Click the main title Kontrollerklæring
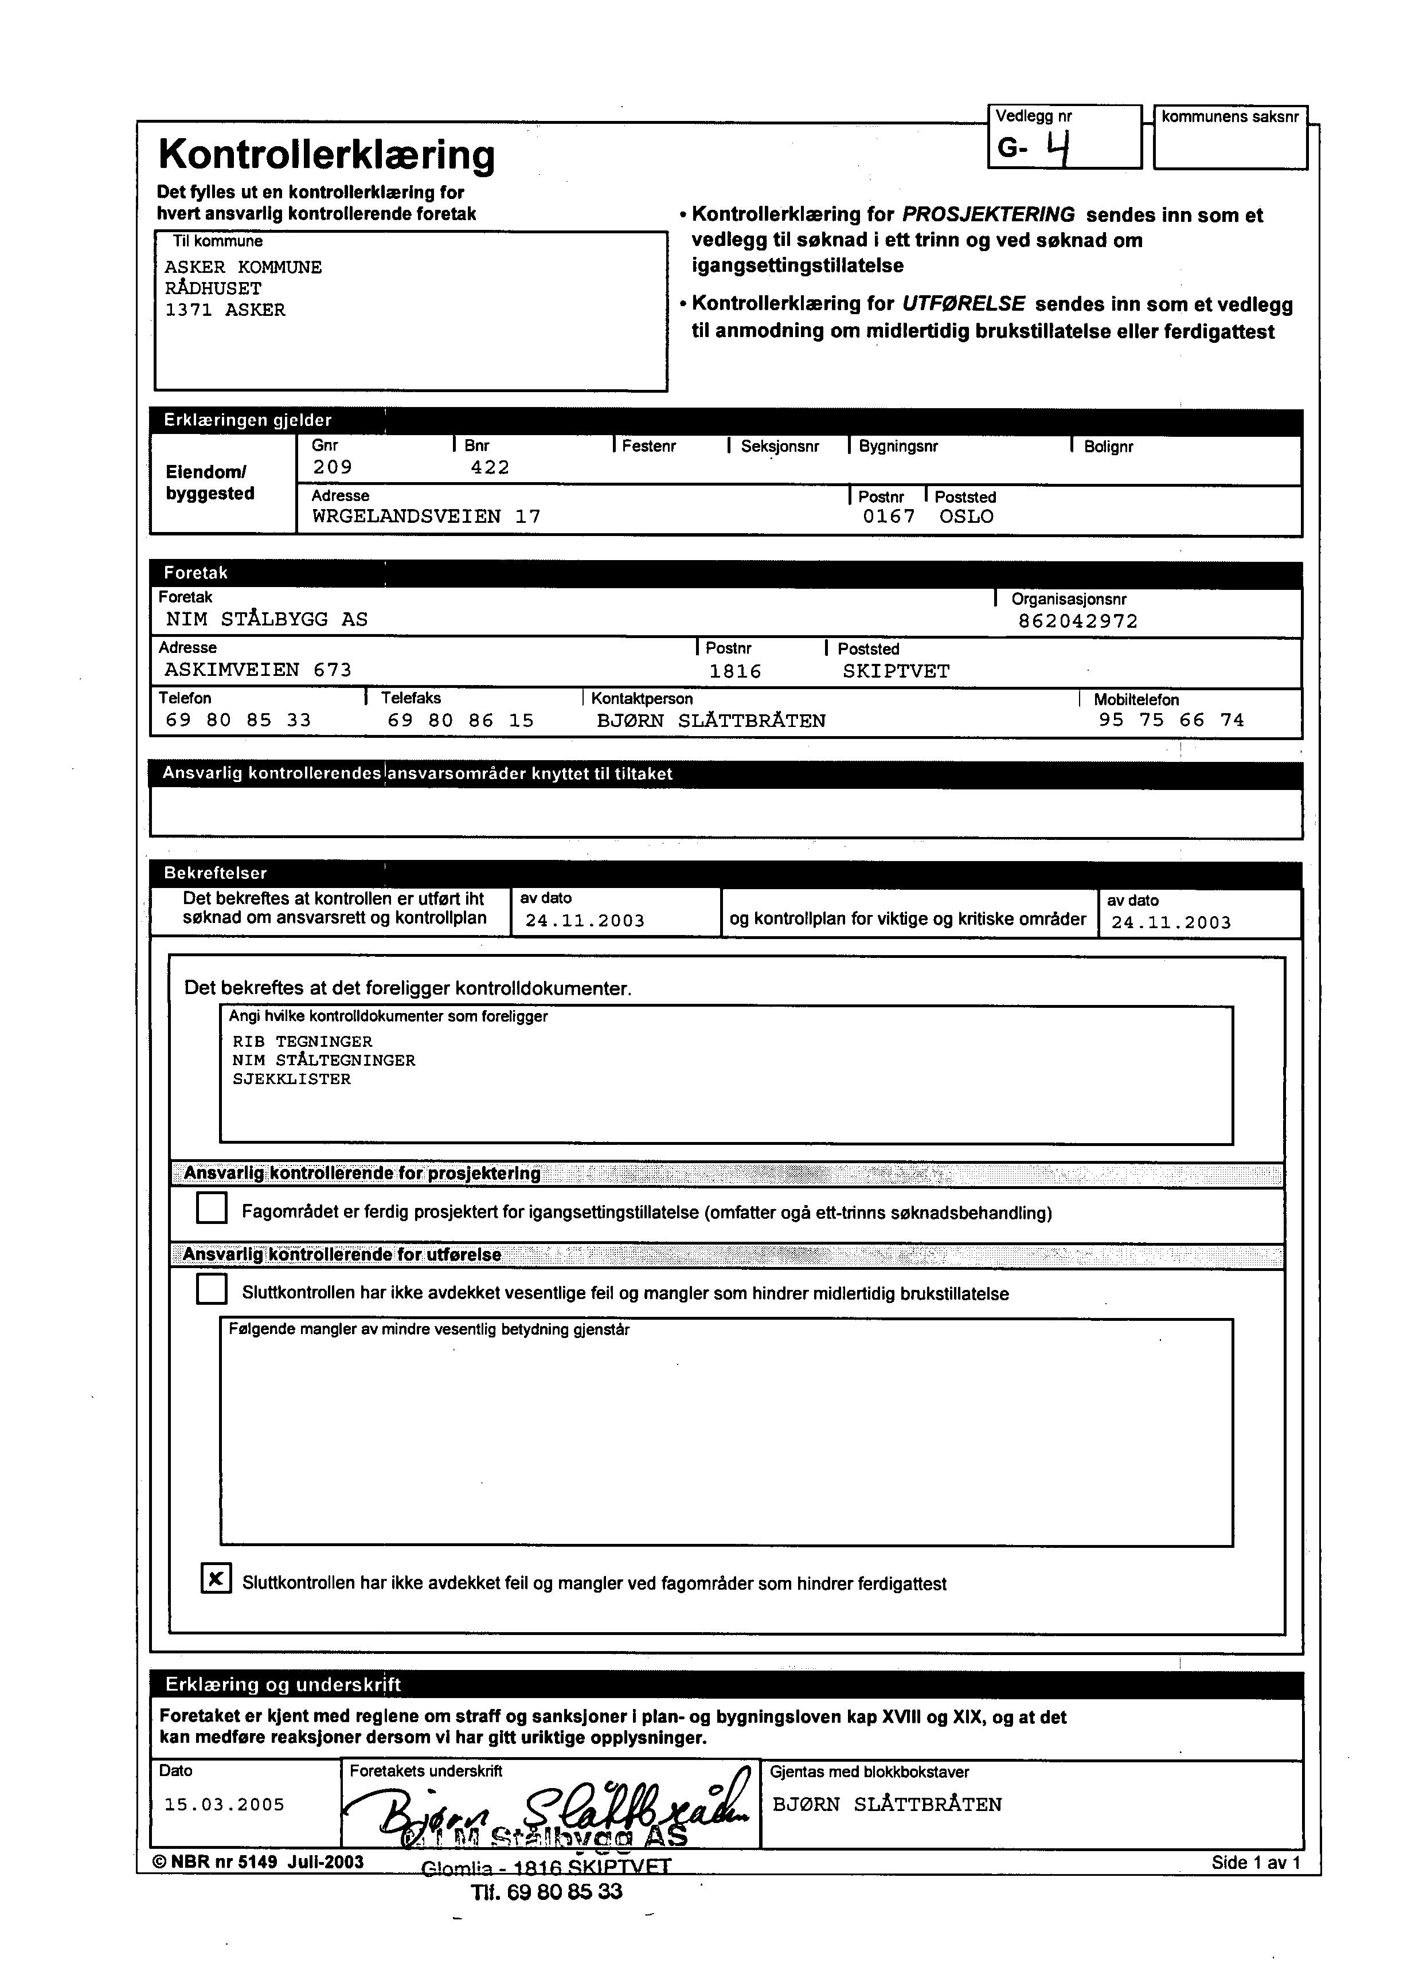click(x=327, y=155)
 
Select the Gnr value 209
click(x=333, y=467)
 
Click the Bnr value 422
click(x=490, y=467)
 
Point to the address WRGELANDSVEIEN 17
click(x=427, y=517)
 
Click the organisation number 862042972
click(x=1078, y=621)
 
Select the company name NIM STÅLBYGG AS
click(x=267, y=619)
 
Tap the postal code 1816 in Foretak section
click(x=735, y=671)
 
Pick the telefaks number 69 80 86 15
click(x=460, y=720)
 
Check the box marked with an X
click(x=216, y=1578)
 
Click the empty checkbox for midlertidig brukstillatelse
click(x=212, y=1289)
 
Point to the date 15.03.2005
click(x=225, y=1805)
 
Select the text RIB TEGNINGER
click(x=302, y=1041)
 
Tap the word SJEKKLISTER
click(x=292, y=1079)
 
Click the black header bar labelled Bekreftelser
click(x=725, y=873)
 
